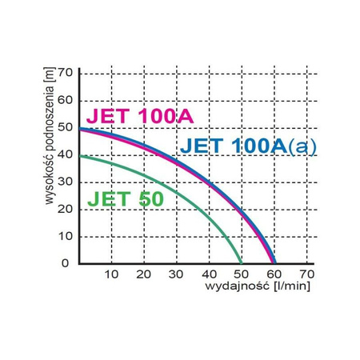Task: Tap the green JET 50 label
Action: [x=123, y=197]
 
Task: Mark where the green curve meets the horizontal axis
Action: [x=241, y=262]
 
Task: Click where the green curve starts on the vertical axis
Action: [x=80, y=156]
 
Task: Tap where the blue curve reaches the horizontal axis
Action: [x=274, y=262]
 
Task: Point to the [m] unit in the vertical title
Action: [x=49, y=78]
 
